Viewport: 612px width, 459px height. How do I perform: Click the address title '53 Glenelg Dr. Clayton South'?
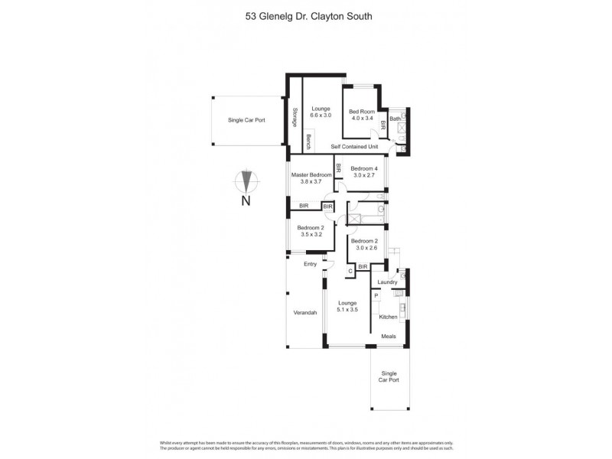click(305, 14)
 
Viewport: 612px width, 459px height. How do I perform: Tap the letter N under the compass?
click(246, 201)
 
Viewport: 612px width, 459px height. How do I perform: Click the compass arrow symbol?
click(246, 181)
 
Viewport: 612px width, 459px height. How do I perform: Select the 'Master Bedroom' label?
click(311, 174)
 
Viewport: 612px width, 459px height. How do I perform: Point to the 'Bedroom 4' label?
click(364, 168)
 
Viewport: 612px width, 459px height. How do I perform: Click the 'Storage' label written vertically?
click(295, 119)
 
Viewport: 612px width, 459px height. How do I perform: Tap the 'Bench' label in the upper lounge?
click(308, 142)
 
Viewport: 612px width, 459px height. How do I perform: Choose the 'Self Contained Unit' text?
click(354, 146)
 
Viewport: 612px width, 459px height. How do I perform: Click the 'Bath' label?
click(395, 119)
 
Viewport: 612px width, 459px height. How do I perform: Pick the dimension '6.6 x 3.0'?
click(321, 115)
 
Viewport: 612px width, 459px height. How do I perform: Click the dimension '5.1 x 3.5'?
click(348, 310)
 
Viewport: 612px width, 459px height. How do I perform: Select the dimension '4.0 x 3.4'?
click(362, 119)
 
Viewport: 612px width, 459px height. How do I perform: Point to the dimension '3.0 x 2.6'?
click(364, 247)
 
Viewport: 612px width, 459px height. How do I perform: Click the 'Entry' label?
click(310, 264)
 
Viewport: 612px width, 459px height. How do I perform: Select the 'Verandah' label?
click(305, 313)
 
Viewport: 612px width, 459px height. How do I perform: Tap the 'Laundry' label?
click(387, 282)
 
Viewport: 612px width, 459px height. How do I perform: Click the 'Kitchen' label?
click(389, 317)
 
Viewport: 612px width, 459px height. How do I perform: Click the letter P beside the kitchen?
click(376, 295)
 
